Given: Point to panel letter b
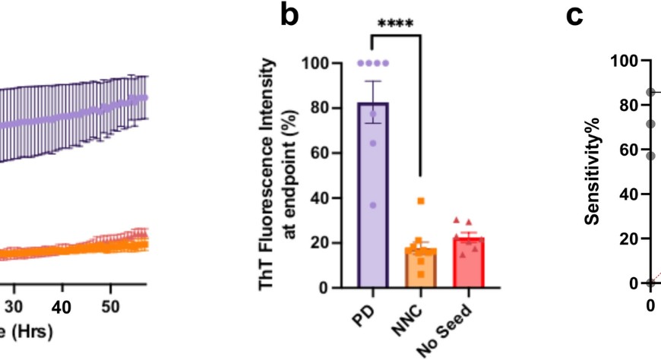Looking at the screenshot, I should pyautogui.click(x=289, y=16).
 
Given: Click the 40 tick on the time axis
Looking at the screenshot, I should pyautogui.click(x=62, y=306).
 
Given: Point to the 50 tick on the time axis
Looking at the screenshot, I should pyautogui.click(x=109, y=306).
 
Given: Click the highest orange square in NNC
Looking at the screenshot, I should pyautogui.click(x=420, y=201).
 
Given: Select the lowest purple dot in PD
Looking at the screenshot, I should pyautogui.click(x=373, y=206).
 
